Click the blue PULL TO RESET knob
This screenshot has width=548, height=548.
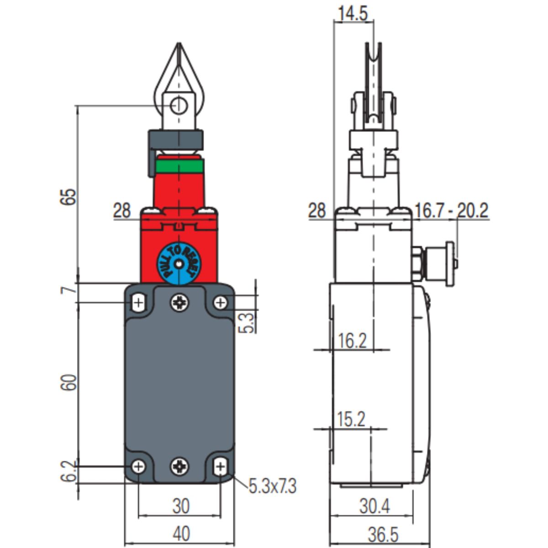(x=179, y=263)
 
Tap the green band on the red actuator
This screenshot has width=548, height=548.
(x=179, y=166)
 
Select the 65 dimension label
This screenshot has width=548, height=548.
(x=69, y=196)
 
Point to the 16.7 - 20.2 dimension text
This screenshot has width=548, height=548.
(x=451, y=211)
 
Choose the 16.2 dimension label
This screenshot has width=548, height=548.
(x=353, y=340)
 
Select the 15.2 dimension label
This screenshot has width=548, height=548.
(x=351, y=419)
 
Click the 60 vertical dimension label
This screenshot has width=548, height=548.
(x=69, y=382)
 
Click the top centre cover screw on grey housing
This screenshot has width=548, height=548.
(x=179, y=302)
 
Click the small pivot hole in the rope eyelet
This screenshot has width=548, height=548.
(x=179, y=106)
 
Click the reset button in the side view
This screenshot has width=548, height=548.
(x=450, y=263)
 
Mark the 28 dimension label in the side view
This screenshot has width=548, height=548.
(x=317, y=211)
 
